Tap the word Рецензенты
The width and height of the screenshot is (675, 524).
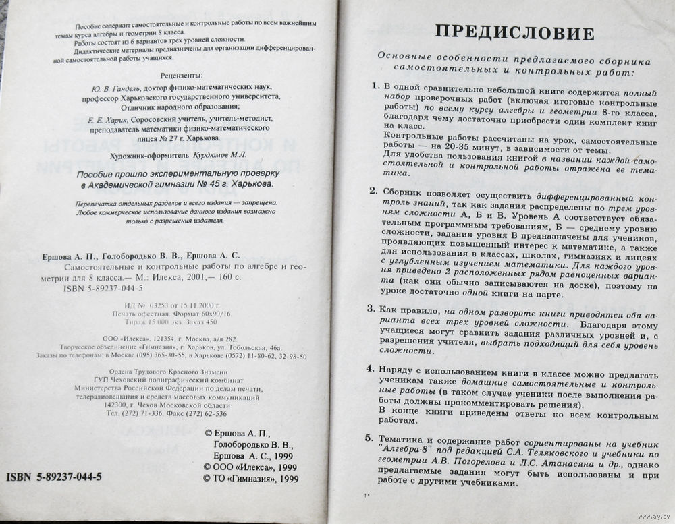coord(182,75)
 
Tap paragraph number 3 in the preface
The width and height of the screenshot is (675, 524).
coord(371,308)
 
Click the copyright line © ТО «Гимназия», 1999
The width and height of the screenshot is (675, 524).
coord(250,478)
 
